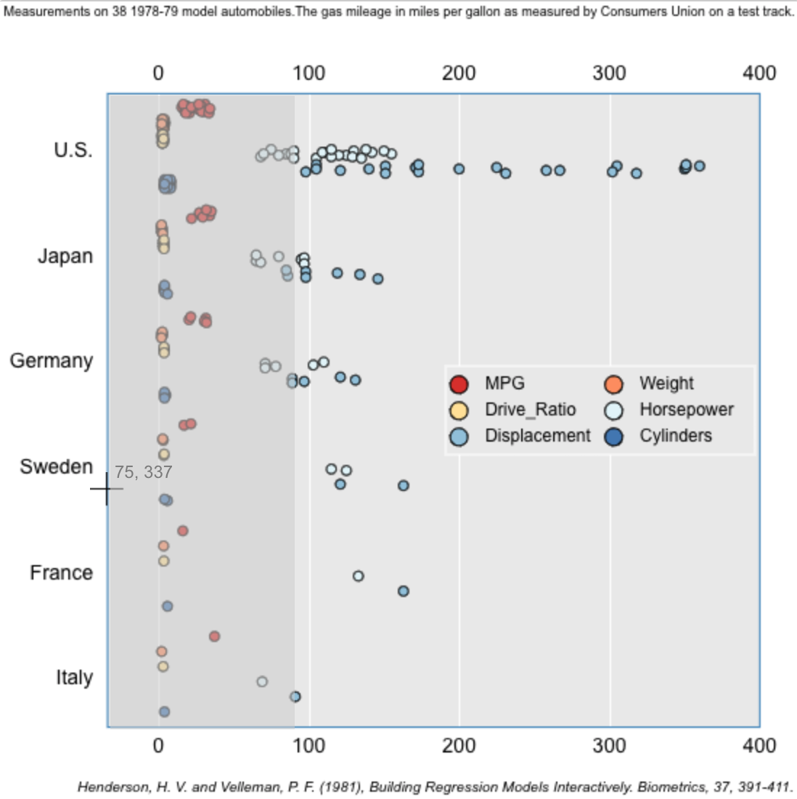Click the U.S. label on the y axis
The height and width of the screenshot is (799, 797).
[73, 150]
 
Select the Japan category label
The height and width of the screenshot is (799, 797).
[65, 256]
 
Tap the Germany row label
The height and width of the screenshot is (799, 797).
[52, 361]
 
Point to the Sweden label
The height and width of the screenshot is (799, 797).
[57, 466]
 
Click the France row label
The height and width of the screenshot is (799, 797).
[62, 572]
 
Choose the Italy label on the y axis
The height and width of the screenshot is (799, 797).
[75, 678]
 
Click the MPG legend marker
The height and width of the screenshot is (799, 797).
[459, 384]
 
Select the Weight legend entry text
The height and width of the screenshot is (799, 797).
[666, 384]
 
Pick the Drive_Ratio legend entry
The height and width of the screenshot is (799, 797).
[530, 410]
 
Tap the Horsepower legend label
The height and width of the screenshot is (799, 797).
[686, 410]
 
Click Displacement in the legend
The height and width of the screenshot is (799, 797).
[537, 436]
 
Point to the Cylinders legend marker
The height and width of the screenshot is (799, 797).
[614, 437]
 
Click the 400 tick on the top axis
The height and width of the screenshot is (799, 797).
[759, 73]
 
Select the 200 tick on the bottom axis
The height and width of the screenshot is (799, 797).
[459, 746]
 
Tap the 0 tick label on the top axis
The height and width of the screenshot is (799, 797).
[158, 73]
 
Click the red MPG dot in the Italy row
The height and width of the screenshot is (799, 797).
[214, 636]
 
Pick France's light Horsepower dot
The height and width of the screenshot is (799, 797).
[358, 576]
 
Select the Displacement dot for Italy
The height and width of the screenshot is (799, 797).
[295, 697]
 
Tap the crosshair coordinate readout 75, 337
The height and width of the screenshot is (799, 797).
[143, 472]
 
